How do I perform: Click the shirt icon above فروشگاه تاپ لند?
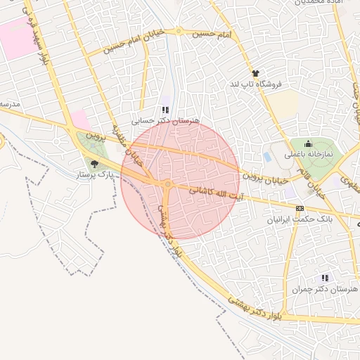tap(255, 73)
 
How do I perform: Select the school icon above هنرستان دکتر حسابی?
tap(165, 110)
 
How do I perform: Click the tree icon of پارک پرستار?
tap(95, 163)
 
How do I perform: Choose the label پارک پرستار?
tap(95, 173)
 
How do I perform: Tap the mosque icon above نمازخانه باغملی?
tap(308, 143)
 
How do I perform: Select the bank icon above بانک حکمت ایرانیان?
tap(300, 208)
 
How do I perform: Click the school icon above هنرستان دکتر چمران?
tap(324, 278)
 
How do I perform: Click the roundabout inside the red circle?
tap(167, 184)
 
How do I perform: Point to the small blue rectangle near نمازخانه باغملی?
tap(266, 156)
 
